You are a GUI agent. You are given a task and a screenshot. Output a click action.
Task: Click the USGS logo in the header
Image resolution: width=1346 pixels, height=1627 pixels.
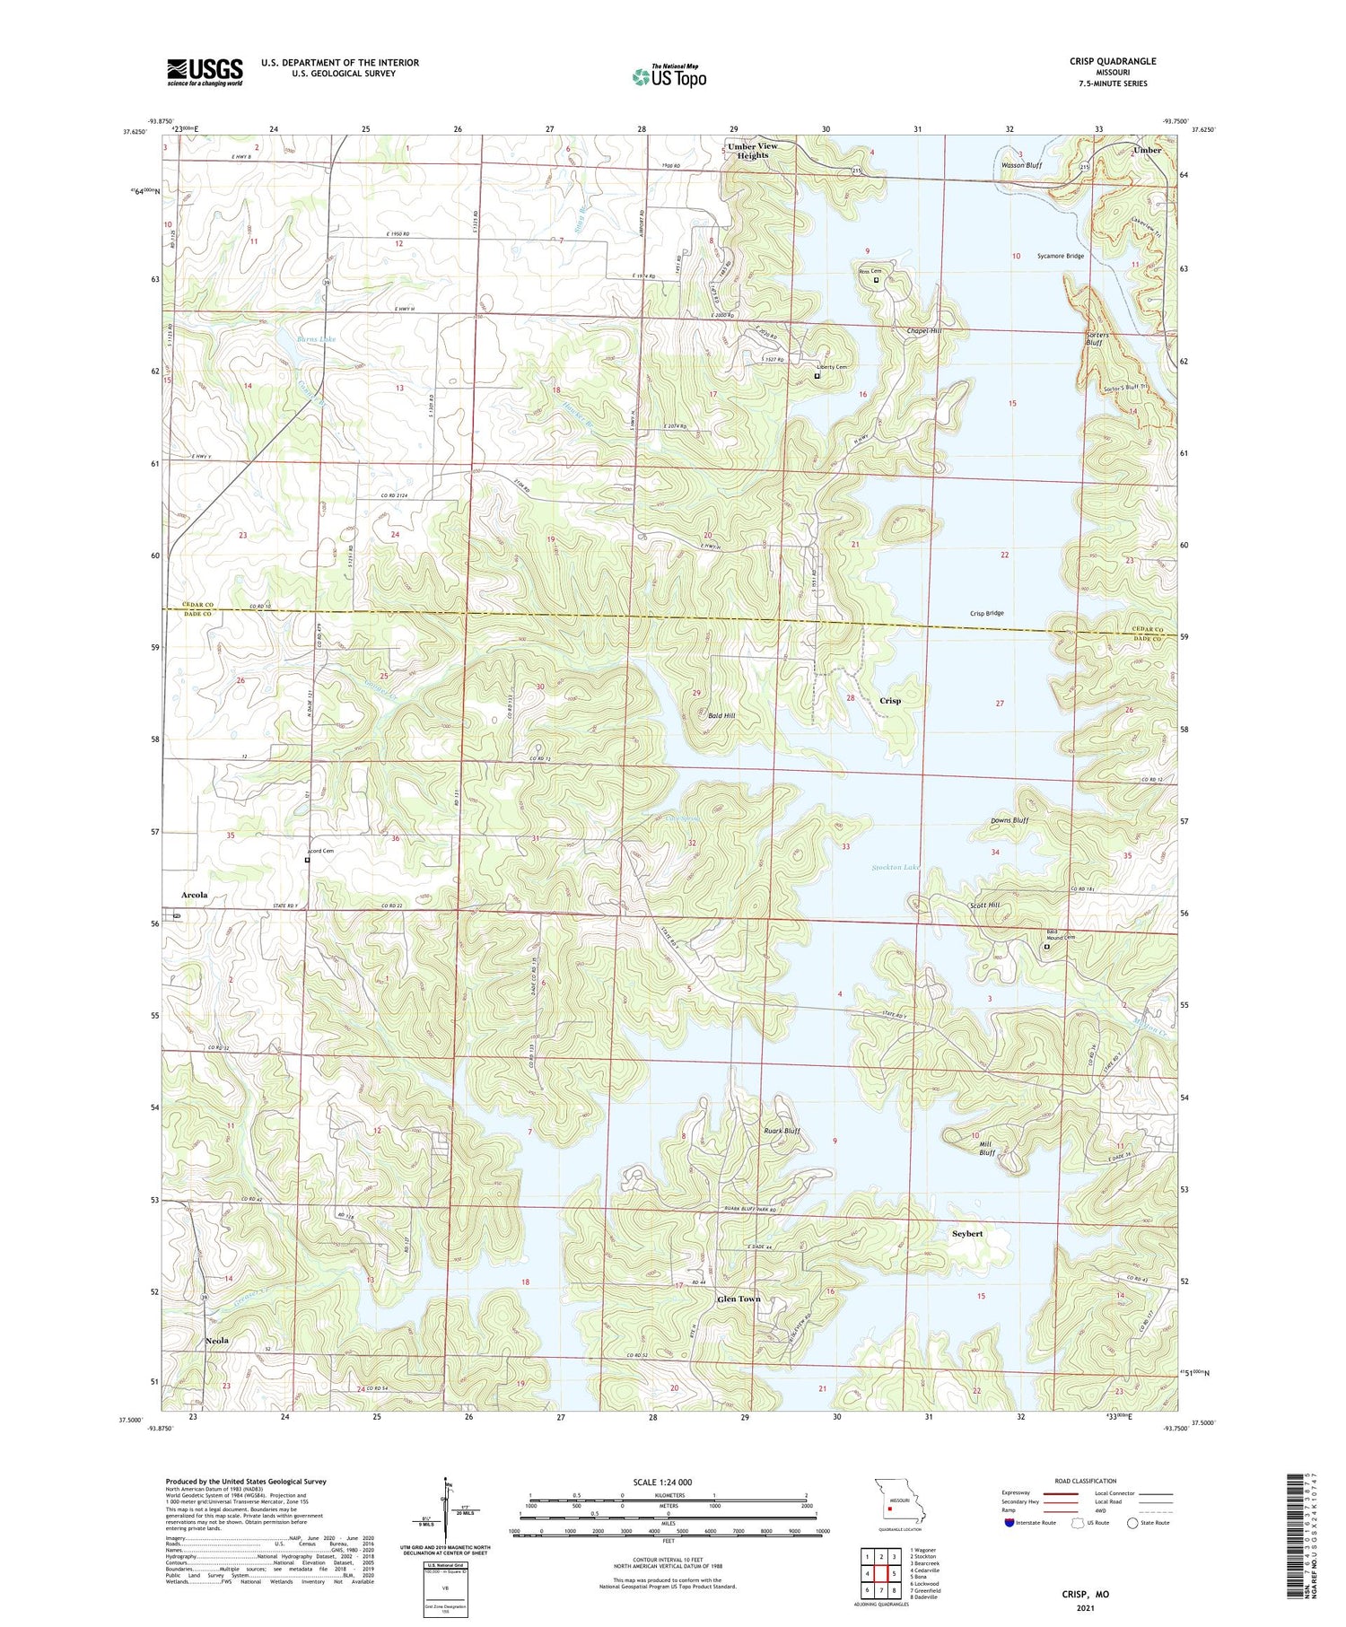click(x=205, y=72)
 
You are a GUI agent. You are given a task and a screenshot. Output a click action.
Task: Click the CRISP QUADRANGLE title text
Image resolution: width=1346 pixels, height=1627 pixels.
click(x=1112, y=61)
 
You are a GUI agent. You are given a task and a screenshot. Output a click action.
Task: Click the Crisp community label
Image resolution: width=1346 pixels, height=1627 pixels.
click(x=889, y=701)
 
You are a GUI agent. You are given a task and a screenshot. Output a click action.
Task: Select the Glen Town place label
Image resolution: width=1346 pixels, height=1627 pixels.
click(x=738, y=1299)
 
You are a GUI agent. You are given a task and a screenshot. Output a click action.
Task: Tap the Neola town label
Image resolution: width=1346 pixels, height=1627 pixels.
click(x=216, y=1340)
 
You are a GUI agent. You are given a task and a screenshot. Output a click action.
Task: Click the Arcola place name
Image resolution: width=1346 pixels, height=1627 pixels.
click(x=194, y=895)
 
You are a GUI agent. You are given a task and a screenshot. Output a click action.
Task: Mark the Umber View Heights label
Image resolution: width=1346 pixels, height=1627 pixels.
click(x=752, y=151)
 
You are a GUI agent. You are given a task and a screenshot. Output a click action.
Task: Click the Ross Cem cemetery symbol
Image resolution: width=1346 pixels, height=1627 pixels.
click(x=877, y=280)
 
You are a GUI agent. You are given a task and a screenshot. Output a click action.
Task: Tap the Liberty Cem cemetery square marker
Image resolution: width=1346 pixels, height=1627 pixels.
click(x=817, y=376)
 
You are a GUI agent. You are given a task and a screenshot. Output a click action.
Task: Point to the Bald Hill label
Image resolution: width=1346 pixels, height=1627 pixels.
click(x=721, y=715)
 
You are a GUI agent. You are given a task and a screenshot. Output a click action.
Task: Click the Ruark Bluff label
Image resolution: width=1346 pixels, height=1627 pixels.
click(x=782, y=1131)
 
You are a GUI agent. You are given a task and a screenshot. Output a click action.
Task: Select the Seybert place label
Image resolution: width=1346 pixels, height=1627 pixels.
click(x=966, y=1233)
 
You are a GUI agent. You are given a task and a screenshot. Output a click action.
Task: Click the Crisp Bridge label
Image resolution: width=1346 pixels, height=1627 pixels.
click(x=986, y=613)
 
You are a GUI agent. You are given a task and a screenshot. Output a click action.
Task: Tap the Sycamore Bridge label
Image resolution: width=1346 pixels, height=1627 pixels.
click(x=1060, y=256)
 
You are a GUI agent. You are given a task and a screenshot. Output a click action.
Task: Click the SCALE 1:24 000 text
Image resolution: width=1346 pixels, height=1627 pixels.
click(x=662, y=1482)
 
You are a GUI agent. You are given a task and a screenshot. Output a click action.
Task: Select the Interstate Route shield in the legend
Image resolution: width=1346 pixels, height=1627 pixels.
click(x=1009, y=1523)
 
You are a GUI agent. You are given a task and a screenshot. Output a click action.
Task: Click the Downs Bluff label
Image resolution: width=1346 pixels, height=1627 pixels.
click(x=1009, y=820)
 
